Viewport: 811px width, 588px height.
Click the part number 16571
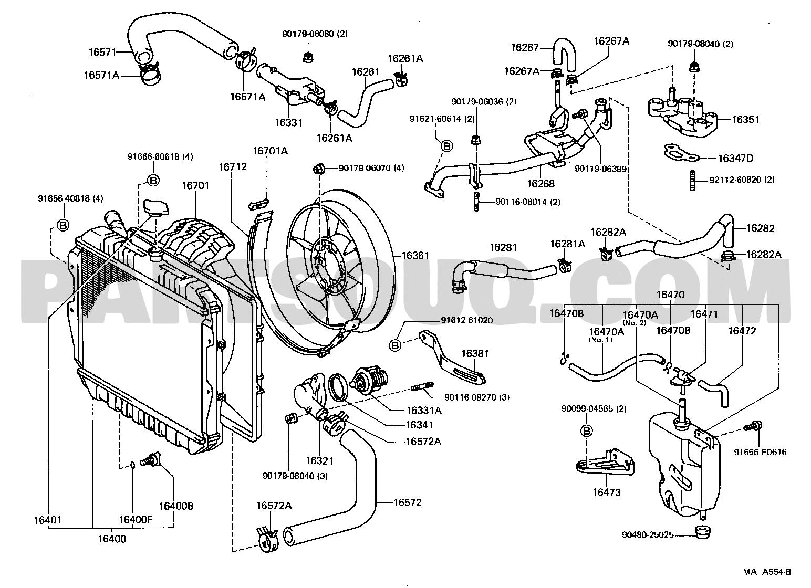(102, 52)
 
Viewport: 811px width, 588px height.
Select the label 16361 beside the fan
(415, 256)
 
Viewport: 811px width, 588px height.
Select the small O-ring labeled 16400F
(133, 465)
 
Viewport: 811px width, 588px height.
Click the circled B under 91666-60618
(153, 180)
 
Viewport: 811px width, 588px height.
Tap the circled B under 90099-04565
(586, 431)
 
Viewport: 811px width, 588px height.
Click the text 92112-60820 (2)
(742, 180)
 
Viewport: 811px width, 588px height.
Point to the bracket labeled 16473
(605, 463)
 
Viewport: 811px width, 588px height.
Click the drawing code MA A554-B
(767, 572)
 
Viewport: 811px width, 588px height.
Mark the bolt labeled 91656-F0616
(753, 427)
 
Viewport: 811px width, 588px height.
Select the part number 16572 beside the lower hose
(408, 502)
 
